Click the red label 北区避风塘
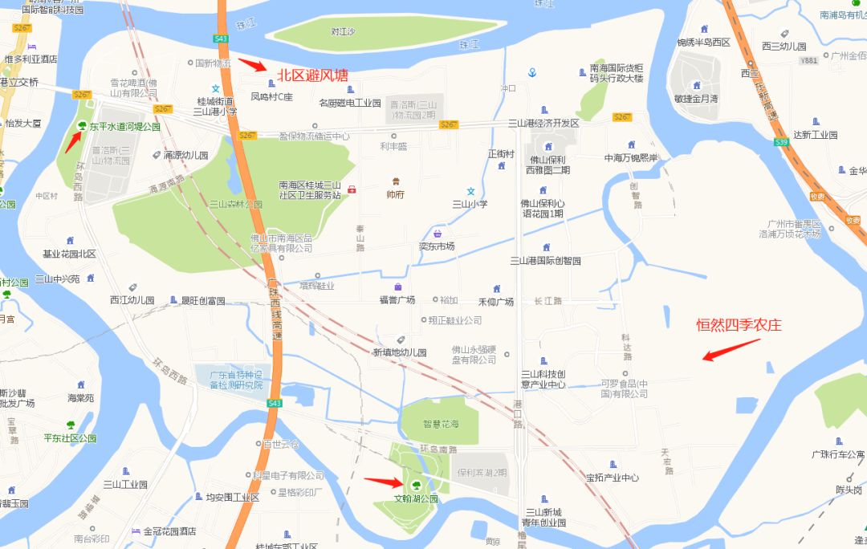pyautogui.click(x=313, y=76)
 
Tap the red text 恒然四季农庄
pyautogui.click(x=739, y=325)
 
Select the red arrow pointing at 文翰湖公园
pyautogui.click(x=383, y=482)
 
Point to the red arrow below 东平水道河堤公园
pyautogui.click(x=72, y=141)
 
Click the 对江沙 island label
pyautogui.click(x=343, y=32)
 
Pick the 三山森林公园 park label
pyautogui.click(x=236, y=205)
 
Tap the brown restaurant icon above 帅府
pyautogui.click(x=395, y=181)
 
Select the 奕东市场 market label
pyautogui.click(x=437, y=246)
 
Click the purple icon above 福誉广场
pyautogui.click(x=397, y=287)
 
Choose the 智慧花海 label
pyautogui.click(x=442, y=424)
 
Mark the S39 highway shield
pyautogui.click(x=780, y=141)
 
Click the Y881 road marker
pyautogui.click(x=808, y=60)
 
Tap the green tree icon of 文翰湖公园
pyautogui.click(x=416, y=484)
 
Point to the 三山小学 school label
pyautogui.click(x=471, y=204)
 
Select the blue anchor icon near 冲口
pyautogui.click(x=531, y=73)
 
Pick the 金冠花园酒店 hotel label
pyautogui.click(x=169, y=531)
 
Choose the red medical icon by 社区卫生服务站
pyautogui.click(x=351, y=189)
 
